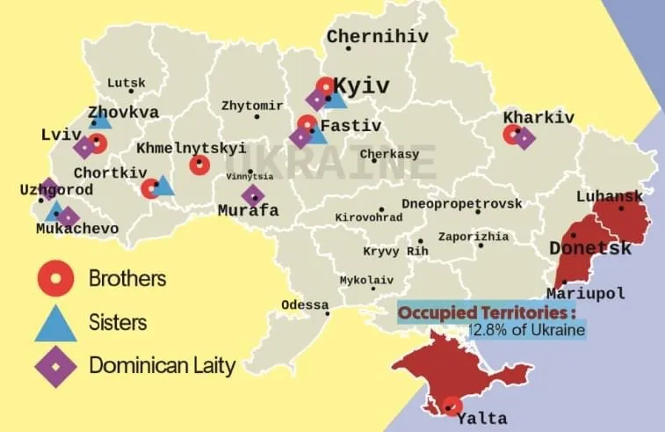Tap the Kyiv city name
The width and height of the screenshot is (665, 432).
[x=362, y=86]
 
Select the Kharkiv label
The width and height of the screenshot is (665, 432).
[x=539, y=117]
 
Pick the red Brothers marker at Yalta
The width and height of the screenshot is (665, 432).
[x=452, y=406]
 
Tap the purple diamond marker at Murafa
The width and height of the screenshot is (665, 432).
[x=253, y=195]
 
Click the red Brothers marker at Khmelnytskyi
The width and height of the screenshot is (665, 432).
[x=199, y=165]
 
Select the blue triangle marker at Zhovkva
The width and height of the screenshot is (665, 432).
[x=101, y=118]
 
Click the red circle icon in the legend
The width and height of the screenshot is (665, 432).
[x=54, y=279]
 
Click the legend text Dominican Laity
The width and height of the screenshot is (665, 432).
[x=162, y=365]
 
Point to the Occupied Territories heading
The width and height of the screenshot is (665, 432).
[x=488, y=312]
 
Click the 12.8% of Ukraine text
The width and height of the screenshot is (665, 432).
[x=525, y=330]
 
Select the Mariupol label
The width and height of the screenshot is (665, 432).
[x=585, y=293]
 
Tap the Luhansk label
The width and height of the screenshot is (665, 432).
[x=609, y=196]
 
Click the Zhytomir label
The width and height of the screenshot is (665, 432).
[x=252, y=106]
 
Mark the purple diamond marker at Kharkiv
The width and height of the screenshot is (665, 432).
[x=524, y=138]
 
